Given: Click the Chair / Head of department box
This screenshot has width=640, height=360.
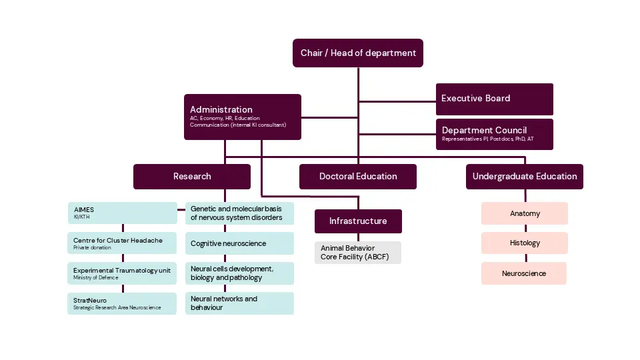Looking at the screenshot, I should coord(358,53).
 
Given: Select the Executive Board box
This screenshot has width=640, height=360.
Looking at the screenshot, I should coord(494,99).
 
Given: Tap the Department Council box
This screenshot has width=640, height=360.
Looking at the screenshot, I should coord(494,134).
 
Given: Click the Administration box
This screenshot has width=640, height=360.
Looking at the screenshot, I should coord(242,117).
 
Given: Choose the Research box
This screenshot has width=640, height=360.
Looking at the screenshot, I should coord(192,177).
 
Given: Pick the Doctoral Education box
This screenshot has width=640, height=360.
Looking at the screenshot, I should coord(358,177).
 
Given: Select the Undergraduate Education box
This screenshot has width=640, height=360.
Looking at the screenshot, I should coord(525,177).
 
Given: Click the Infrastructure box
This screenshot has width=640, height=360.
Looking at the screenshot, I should coord(358,221).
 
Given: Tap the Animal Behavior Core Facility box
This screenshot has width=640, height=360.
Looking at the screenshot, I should coord(358,252).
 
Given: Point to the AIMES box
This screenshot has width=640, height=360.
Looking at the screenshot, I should coord(122,213).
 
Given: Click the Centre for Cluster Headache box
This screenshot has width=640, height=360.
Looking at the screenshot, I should coord(122,243).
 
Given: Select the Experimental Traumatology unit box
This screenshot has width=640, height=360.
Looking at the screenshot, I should coord(122,273).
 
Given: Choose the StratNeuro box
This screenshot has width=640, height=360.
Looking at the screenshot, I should coord(122,303).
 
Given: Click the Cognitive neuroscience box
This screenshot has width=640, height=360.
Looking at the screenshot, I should coord(239,243).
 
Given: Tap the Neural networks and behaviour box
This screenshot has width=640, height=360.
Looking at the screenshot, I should coord(239,303).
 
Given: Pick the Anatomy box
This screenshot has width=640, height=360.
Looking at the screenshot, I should coord(525,213).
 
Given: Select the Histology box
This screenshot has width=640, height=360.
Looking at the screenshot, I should coord(525,243).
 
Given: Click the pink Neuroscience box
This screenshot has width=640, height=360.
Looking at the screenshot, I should coord(524,273).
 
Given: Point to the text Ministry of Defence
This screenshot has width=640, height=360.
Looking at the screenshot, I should coord(96,278).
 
